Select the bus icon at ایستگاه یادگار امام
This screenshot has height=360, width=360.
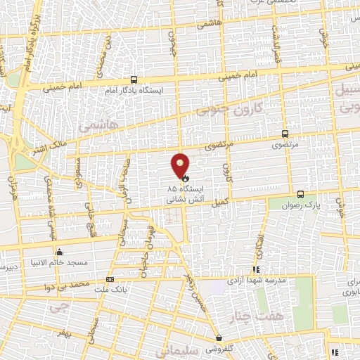134,79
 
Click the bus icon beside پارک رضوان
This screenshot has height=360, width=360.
300,194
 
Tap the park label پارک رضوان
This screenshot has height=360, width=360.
307,205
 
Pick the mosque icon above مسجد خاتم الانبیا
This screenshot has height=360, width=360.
59,252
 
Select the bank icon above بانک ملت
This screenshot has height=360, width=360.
109,278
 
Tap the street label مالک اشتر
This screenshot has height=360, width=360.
49,148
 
